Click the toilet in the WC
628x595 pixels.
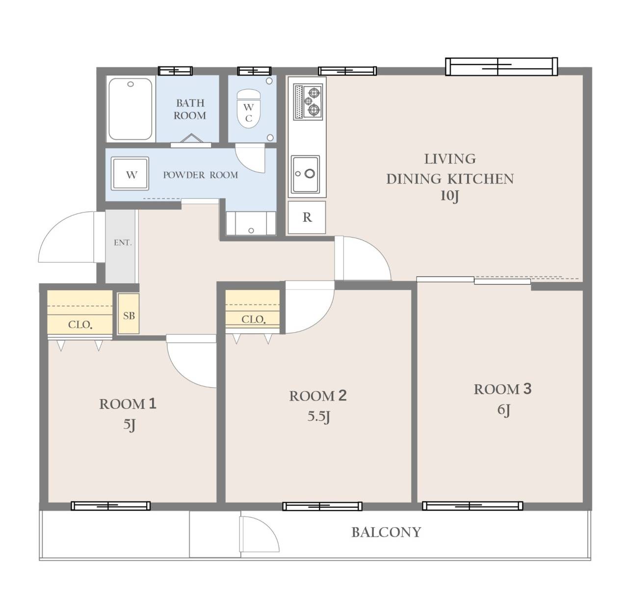point(249,108)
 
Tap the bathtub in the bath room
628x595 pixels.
point(131,108)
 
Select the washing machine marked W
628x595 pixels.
point(130,174)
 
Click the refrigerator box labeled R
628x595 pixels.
point(307,217)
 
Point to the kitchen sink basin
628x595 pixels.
point(305,174)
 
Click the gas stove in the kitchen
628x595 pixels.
point(308,102)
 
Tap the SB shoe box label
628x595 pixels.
point(129,316)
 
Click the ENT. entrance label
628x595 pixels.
point(123,243)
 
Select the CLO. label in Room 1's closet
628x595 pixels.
point(80,325)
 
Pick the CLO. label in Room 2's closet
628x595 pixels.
point(253,320)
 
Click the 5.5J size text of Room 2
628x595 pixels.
point(318,417)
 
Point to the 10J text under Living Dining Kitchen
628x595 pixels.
point(449,196)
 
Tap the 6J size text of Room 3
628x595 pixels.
point(503,410)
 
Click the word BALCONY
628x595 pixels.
point(386,533)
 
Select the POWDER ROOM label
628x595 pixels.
point(201,175)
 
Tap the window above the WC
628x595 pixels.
point(254,71)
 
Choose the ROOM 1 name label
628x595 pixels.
point(128,405)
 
